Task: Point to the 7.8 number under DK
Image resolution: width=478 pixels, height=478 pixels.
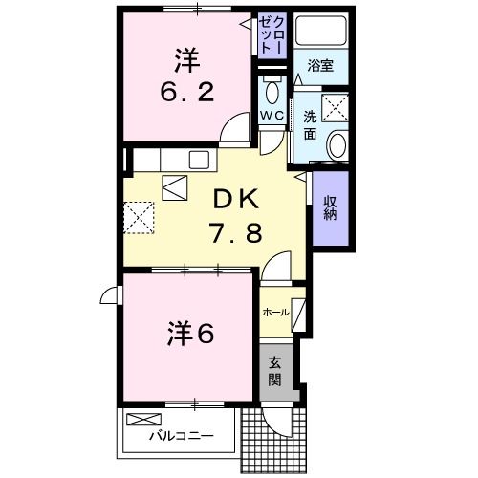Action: click(x=233, y=231)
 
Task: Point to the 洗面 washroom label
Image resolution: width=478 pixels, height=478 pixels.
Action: click(x=311, y=125)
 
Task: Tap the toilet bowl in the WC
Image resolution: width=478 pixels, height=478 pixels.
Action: click(x=272, y=92)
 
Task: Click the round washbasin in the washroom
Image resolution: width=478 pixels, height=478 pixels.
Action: click(x=336, y=145)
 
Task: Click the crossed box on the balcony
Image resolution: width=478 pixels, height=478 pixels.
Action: click(x=145, y=419)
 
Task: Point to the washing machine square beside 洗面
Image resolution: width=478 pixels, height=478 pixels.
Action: click(x=336, y=108)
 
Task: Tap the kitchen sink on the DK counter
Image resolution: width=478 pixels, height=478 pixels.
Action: click(x=202, y=159)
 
